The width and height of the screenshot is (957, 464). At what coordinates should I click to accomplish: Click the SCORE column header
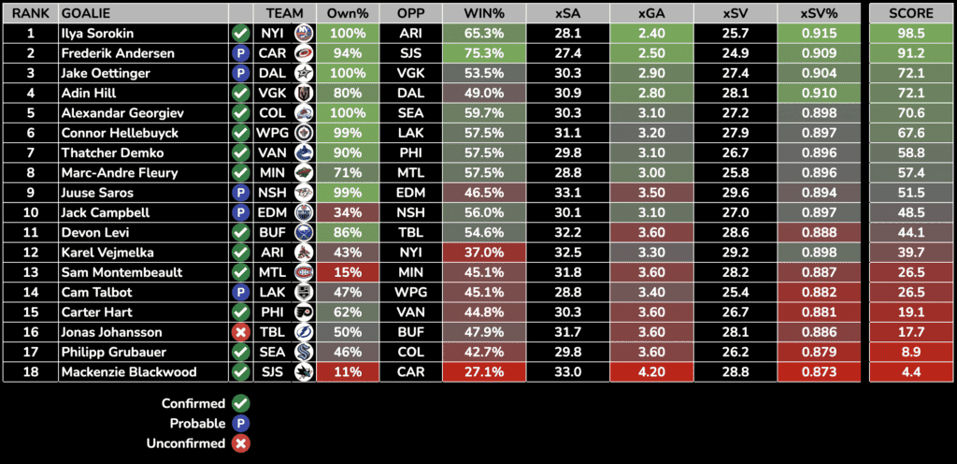point(911,13)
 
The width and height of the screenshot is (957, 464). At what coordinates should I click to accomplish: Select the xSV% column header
point(825,13)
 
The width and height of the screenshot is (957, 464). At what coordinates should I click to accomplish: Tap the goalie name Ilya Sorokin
point(97,34)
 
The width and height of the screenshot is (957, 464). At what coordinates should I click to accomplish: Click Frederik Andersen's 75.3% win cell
point(484,53)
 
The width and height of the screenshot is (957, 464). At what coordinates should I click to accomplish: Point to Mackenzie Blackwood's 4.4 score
point(911,371)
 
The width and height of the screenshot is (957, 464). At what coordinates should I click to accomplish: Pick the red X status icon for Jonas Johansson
point(240,332)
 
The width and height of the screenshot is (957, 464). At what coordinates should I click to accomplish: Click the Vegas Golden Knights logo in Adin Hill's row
point(304,94)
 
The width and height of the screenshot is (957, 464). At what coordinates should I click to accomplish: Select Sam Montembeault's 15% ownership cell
point(347,272)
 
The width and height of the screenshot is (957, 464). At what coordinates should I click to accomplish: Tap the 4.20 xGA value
point(650,371)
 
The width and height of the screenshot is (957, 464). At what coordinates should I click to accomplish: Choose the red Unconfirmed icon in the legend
point(240,443)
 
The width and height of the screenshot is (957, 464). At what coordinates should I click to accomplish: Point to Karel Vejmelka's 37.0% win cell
point(484,253)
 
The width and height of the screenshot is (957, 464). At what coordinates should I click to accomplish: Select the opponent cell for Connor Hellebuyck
point(410,133)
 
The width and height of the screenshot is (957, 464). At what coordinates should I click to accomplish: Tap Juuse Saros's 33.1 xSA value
point(567,193)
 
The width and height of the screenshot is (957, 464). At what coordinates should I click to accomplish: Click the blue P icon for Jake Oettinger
point(240,73)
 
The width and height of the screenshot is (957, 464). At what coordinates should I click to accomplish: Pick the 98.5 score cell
point(911,34)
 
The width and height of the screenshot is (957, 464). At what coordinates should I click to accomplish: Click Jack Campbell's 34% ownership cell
point(347,212)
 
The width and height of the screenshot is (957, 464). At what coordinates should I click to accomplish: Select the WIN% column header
point(484,13)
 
